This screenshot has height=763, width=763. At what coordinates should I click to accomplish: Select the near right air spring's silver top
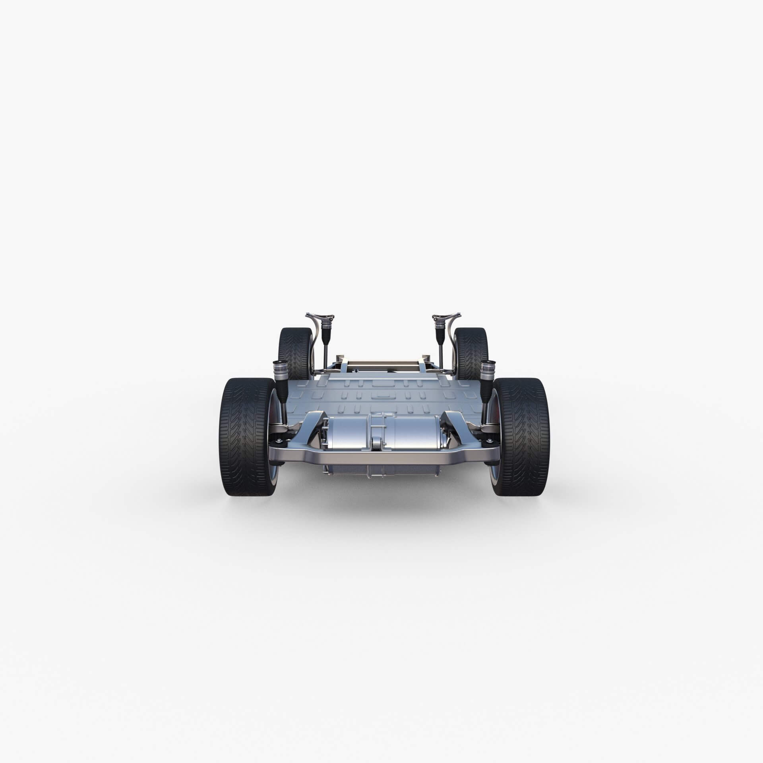tap(487, 369)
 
